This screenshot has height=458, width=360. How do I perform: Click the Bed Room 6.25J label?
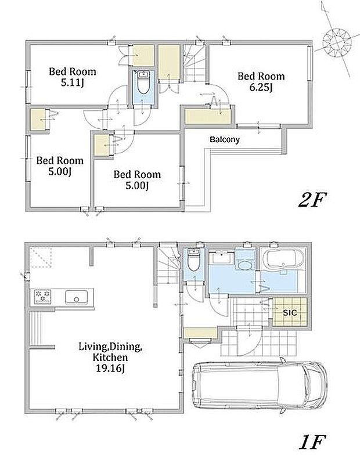(261, 81)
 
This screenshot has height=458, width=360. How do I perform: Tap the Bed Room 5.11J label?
(73, 77)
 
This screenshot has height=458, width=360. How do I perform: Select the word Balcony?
(225, 140)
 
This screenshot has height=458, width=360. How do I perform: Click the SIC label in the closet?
(290, 313)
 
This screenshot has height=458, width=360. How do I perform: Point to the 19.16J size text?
(110, 368)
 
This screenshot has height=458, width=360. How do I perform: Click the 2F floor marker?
(312, 200)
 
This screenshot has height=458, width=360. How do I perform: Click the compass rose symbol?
(337, 43)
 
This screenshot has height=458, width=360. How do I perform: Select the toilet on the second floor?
(143, 82)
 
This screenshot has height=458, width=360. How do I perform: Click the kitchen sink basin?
(76, 297)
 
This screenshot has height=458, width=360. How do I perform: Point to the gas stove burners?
(42, 296)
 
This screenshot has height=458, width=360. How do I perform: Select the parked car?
(260, 385)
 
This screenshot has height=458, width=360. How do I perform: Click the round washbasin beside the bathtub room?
(245, 265)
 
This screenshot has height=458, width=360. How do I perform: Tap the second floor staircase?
(195, 64)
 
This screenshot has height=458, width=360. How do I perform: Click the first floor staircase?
(168, 266)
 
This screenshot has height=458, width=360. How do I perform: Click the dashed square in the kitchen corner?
(41, 257)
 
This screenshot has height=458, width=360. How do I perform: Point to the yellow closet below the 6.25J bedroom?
(208, 116)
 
